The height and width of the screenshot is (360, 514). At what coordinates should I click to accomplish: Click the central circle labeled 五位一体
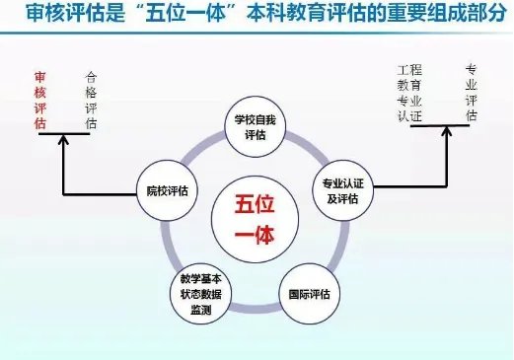(254, 219)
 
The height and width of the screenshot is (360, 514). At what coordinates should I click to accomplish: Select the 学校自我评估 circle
(256, 129)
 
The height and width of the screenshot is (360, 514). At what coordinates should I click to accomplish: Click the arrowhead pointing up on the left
(63, 141)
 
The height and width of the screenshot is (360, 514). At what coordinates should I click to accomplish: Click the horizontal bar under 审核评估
(64, 135)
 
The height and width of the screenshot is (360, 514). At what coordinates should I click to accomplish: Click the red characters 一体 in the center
(254, 235)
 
